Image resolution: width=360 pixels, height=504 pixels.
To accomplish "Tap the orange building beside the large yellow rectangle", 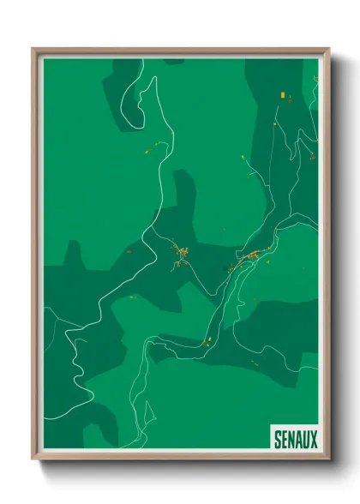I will [289, 100].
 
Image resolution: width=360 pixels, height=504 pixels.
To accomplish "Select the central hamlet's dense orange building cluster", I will [181, 252].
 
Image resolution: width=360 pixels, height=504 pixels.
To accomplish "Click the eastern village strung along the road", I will [255, 255].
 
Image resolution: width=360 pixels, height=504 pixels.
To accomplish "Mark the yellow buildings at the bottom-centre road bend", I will [206, 342].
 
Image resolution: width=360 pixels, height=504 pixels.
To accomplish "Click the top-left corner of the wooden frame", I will [33, 49].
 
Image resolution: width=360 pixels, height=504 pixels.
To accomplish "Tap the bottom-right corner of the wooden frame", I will [329, 460].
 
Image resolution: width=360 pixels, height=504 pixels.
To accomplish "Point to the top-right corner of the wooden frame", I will [329, 49].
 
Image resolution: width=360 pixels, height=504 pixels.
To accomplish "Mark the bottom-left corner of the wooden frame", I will [33, 460].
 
